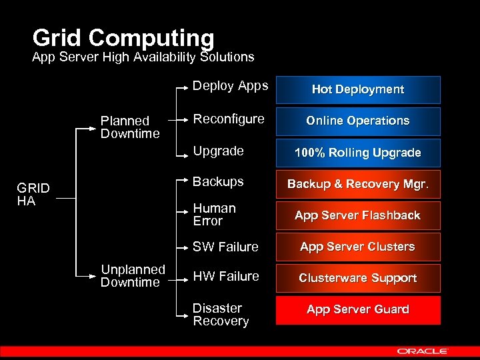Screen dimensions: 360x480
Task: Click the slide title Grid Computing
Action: click(123, 37)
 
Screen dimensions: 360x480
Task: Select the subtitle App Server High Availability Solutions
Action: click(143, 57)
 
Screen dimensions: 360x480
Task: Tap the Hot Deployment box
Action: click(358, 89)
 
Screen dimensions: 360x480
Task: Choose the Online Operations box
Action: click(358, 121)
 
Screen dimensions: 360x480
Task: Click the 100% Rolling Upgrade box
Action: click(358, 153)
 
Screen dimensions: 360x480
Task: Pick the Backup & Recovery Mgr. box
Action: click(358, 184)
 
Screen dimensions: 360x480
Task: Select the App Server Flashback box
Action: click(358, 215)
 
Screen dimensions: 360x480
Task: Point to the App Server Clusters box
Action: click(358, 247)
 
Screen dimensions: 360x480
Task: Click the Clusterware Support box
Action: click(358, 278)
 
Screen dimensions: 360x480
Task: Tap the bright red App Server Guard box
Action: click(358, 310)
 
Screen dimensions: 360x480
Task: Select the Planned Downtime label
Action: click(130, 127)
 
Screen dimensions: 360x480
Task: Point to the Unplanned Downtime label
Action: click(133, 276)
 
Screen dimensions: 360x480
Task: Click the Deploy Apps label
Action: click(230, 85)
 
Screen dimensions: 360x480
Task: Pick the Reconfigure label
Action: click(228, 119)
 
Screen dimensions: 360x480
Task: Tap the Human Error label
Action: click(214, 215)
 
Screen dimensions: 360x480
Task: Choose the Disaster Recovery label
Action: click(221, 315)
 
